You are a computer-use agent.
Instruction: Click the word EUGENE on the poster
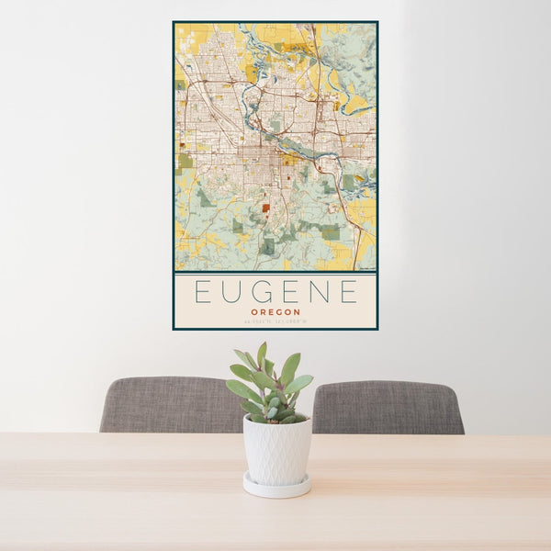pos(275,292)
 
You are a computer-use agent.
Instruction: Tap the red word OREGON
pos(275,310)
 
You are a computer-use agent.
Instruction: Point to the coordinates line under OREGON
pos(275,320)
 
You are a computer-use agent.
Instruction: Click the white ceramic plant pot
pos(276,449)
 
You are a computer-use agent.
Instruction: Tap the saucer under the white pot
pos(276,487)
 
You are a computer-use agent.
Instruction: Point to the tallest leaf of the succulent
pos(262,354)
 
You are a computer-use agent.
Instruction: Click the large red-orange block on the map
pos(265,208)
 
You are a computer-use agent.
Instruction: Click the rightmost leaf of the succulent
pos(304,380)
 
